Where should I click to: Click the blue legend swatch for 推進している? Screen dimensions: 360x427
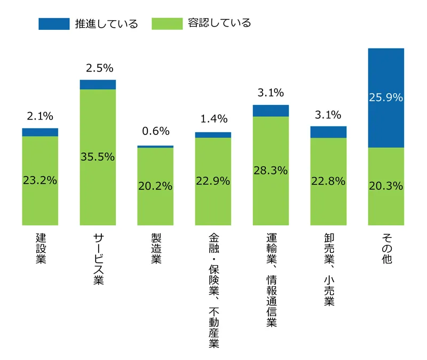pos(54,23)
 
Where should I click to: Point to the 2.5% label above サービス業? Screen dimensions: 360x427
pos(98,68)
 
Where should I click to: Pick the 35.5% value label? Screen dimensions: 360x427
pos(98,157)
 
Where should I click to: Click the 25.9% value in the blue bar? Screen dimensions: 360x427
pos(386,98)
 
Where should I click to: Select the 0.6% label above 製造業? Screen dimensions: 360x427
pos(155,131)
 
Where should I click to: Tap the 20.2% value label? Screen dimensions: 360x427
pos(155,186)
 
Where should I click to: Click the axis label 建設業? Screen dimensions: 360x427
pos(41,249)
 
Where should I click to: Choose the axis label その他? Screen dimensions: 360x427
pos(386,249)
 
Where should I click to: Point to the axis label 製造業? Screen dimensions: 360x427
pos(156,249)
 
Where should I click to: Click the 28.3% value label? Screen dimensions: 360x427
pos(271,171)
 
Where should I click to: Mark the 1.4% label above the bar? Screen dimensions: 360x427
pos(213,118)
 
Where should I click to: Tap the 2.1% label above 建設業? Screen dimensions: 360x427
pos(41,115)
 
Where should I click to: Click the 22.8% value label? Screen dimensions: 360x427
pos(328,181)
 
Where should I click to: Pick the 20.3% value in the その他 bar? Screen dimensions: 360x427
pos(386,186)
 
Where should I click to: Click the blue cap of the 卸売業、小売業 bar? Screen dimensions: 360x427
pos(328,132)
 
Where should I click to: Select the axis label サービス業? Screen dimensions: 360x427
pos(98,259)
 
